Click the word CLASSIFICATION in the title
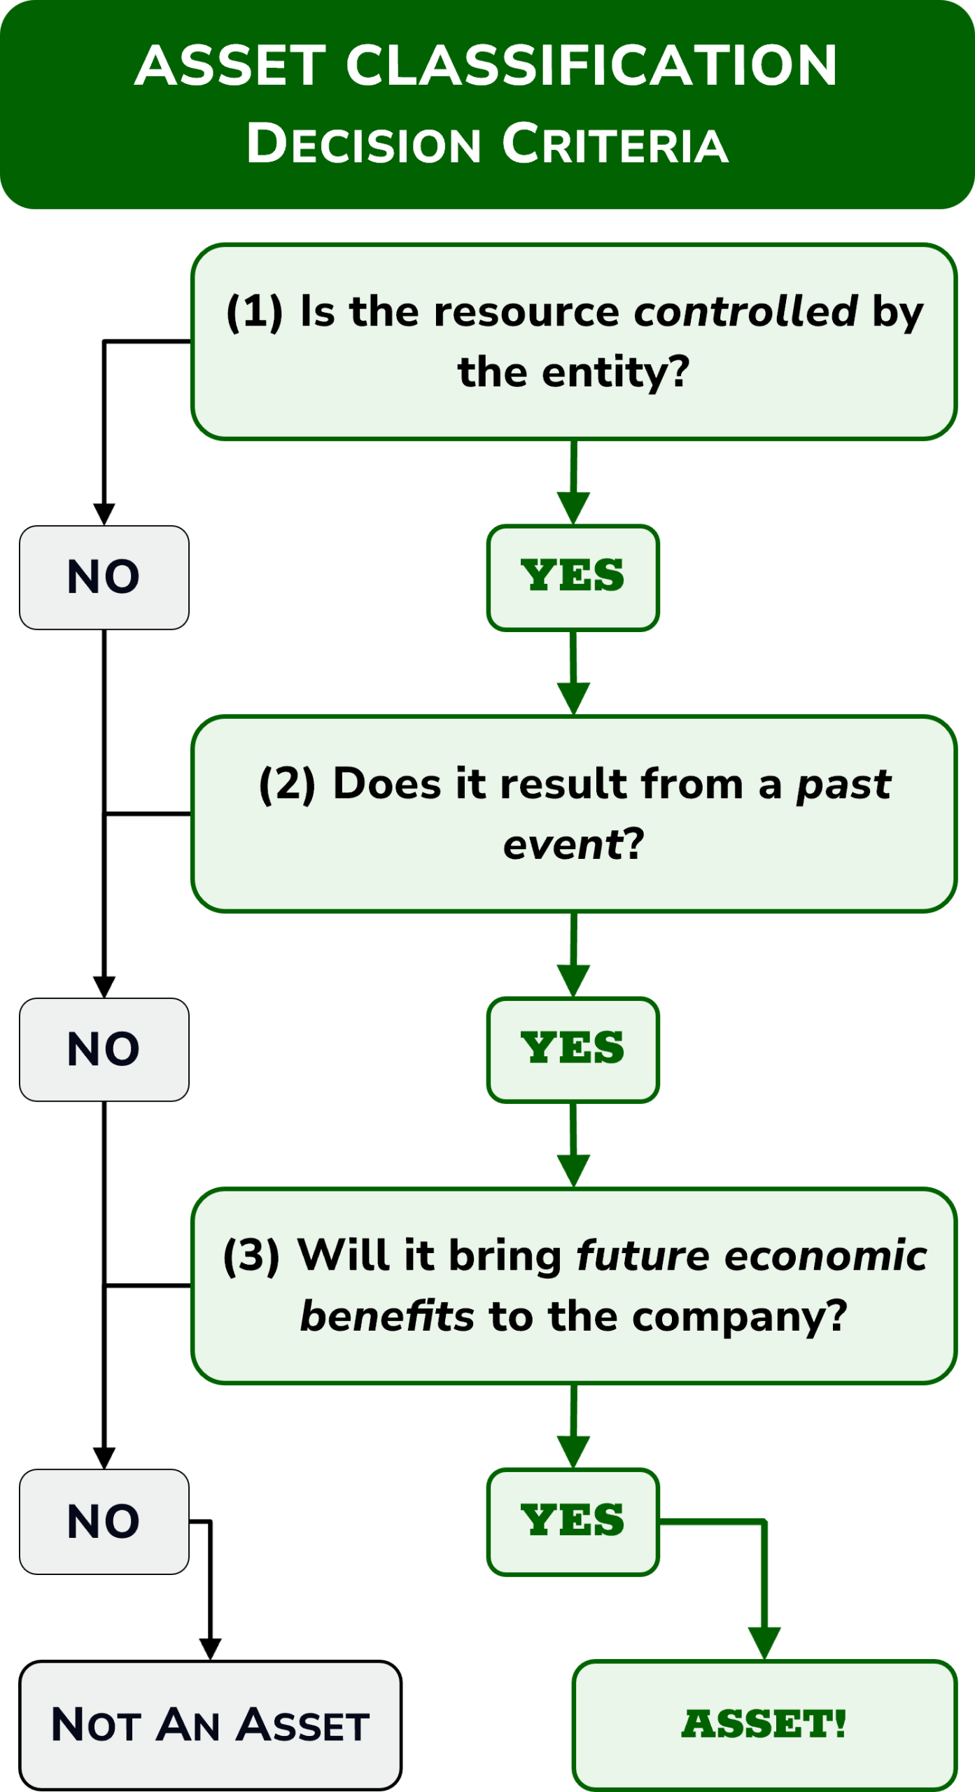pos(591,66)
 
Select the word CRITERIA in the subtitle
pos(615,144)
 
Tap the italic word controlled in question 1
pos(745,311)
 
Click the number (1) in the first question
pos(254,311)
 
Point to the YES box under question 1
pos(573,577)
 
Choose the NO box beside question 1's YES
pos(104,577)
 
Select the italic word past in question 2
pos(844,784)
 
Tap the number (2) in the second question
pos(287,784)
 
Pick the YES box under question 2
pos(573,1049)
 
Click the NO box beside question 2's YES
pos(104,1049)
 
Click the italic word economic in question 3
pos(826,1256)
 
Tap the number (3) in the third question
pos(251,1256)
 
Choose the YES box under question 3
pos(573,1521)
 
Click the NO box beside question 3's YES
pos(104,1521)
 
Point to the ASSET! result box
pos(764,1724)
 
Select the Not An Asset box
pos(210,1724)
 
